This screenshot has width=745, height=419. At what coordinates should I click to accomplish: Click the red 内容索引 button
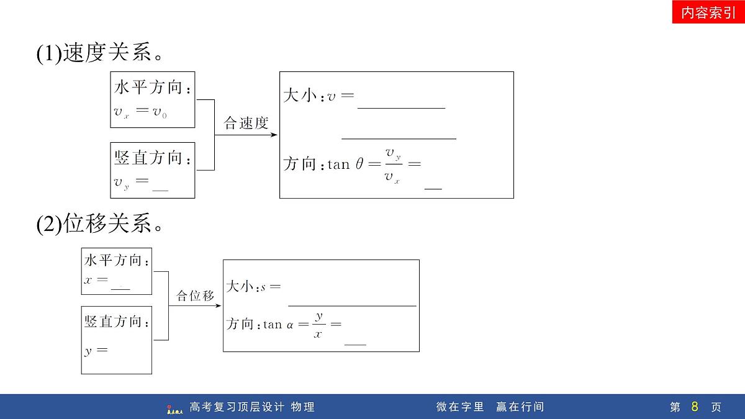pyautogui.click(x=708, y=12)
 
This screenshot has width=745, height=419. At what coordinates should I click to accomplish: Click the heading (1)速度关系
pyautogui.click(x=99, y=52)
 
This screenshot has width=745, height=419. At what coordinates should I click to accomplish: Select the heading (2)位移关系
pyautogui.click(x=99, y=223)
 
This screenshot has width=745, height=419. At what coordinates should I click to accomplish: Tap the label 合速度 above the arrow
pyautogui.click(x=246, y=123)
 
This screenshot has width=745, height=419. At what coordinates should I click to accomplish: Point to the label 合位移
pyautogui.click(x=195, y=295)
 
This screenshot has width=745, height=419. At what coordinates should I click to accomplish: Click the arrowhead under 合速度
pyautogui.click(x=274, y=135)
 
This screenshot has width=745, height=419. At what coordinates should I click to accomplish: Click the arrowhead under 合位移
pyautogui.click(x=218, y=305)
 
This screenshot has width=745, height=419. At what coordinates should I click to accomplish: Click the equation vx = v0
pyautogui.click(x=140, y=111)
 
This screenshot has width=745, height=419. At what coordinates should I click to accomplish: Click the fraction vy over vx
pyautogui.click(x=394, y=165)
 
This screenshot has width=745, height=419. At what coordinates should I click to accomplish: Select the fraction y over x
pyautogui.click(x=318, y=325)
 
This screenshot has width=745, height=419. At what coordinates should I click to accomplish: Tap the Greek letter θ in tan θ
pyautogui.click(x=359, y=164)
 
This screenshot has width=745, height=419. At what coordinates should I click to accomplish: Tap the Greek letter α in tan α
pyautogui.click(x=290, y=325)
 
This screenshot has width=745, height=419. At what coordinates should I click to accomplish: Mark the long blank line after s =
pyautogui.click(x=352, y=305)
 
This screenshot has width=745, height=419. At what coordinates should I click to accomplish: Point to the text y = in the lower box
pyautogui.click(x=96, y=351)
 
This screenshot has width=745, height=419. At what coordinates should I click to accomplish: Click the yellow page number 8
pyautogui.click(x=695, y=407)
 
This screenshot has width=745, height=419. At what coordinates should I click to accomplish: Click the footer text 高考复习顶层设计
pyautogui.click(x=237, y=407)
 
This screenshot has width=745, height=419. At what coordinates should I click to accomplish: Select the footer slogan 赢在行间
pyautogui.click(x=520, y=407)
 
